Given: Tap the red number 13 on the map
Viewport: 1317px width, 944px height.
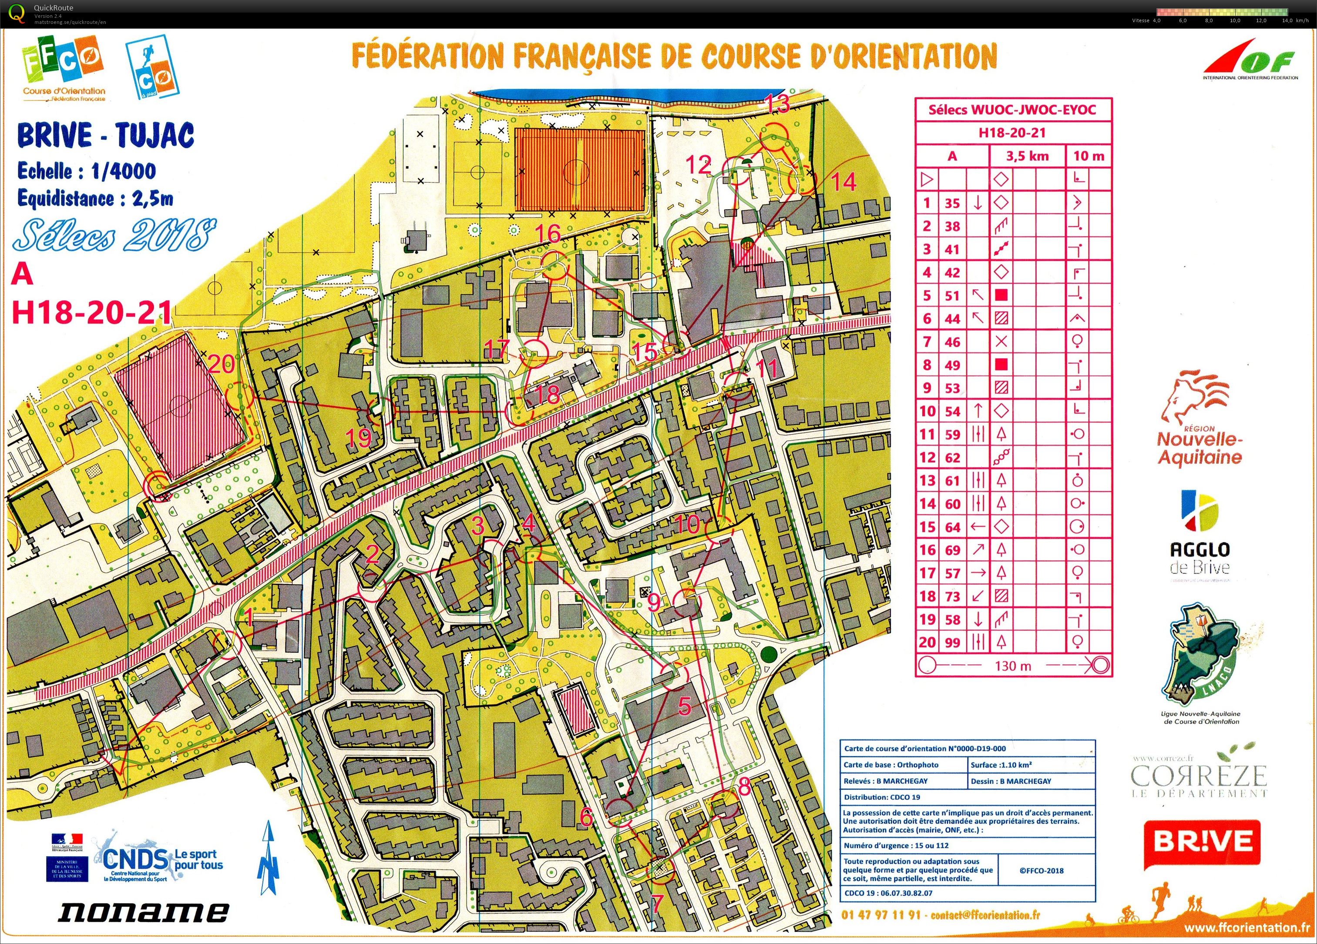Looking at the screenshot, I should (778, 104).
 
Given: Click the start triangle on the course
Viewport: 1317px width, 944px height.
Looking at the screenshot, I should (115, 760).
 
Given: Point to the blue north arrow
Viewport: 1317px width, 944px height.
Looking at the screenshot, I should (268, 859).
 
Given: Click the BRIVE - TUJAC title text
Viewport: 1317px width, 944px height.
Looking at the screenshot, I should (105, 136).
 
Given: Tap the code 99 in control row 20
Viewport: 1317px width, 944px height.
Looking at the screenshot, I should (952, 643).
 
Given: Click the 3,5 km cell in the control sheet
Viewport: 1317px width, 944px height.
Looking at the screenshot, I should (1027, 156).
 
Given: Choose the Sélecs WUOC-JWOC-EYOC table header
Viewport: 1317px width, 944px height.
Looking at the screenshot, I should (1012, 110).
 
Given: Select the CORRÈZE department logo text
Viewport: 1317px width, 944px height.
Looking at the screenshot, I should (1199, 775).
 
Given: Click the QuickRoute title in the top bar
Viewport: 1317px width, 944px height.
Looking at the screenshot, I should (54, 7).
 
